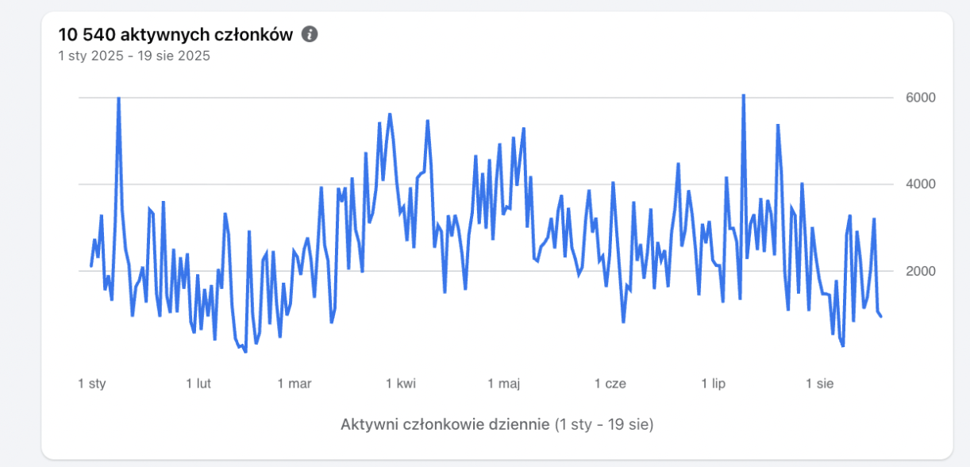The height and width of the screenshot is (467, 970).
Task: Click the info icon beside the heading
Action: tap(310, 34)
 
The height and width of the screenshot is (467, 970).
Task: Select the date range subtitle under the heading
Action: tap(134, 56)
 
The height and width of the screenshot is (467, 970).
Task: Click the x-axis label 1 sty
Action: tap(92, 384)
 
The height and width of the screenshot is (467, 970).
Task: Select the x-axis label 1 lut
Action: tap(198, 384)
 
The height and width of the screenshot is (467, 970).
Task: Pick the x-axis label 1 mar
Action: tap(294, 384)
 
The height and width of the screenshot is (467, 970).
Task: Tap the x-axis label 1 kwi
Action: tap(401, 384)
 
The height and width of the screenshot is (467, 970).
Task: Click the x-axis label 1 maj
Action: tap(503, 384)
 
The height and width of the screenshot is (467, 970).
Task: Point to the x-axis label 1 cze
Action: tap(610, 384)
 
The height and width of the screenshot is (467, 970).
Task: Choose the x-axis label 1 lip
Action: tap(714, 384)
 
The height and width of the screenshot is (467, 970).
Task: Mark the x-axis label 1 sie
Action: tap(820, 384)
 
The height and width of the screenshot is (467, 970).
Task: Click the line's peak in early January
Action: tap(118, 98)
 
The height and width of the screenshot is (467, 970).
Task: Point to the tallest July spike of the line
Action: tap(743, 95)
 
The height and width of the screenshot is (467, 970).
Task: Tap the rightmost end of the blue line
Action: tap(881, 316)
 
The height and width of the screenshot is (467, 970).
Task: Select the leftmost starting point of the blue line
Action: tap(91, 266)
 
